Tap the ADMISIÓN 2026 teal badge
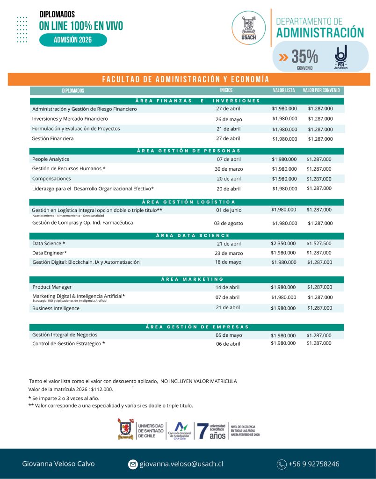click(x=73, y=40)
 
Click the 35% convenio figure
click(x=304, y=57)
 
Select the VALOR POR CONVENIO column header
click(x=321, y=90)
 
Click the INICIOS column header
click(x=226, y=90)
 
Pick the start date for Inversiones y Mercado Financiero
click(x=229, y=119)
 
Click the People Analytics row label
click(x=51, y=159)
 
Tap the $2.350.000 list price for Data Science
click(x=283, y=243)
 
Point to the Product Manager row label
click(x=52, y=287)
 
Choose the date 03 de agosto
click(x=229, y=223)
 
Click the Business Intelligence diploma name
click(x=56, y=308)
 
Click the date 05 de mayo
click(x=229, y=335)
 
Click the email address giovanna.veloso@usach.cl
click(x=181, y=464)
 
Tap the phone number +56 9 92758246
click(x=314, y=464)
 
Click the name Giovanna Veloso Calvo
click(x=58, y=464)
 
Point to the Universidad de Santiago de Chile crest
click(x=126, y=429)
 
